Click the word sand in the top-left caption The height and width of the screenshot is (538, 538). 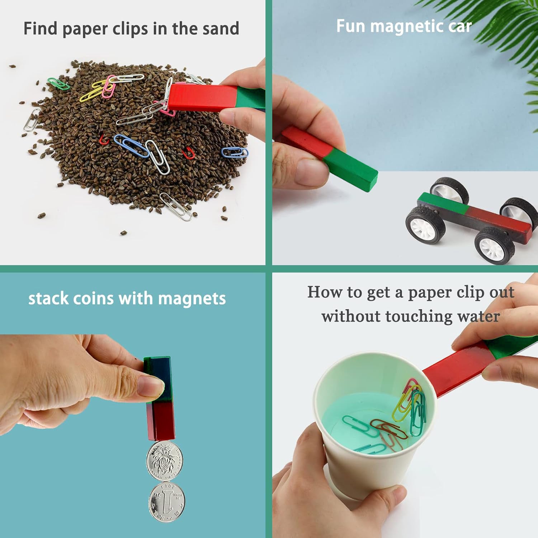click(221, 29)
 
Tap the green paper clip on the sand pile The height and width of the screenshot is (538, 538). click(58, 84)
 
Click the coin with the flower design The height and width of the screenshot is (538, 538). click(164, 461)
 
